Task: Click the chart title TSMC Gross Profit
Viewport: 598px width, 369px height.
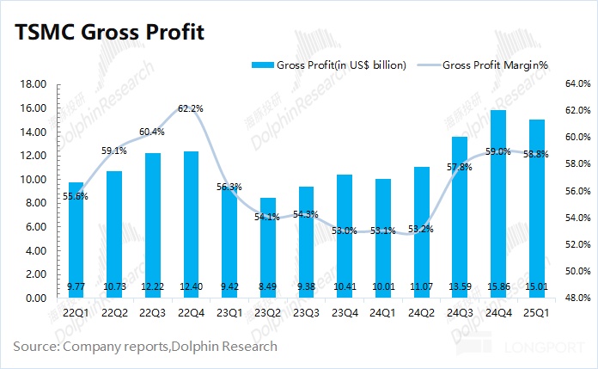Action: point(107,34)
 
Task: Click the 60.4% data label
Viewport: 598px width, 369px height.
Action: point(152,132)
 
